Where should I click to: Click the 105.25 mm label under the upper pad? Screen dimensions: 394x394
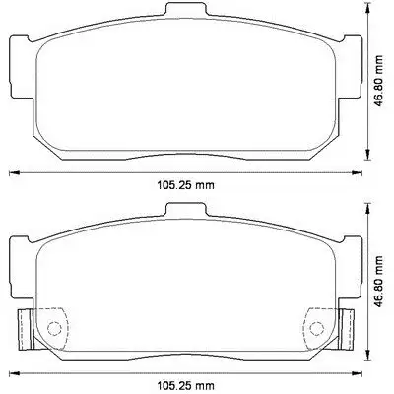tap(186, 185)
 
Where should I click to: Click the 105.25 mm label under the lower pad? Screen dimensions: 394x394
tap(186, 384)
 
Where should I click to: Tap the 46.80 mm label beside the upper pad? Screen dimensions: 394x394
tap(379, 81)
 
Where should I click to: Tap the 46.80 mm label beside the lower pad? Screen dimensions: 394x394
tap(379, 282)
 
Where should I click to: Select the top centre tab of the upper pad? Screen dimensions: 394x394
tap(186, 9)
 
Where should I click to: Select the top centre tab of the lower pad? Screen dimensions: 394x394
tap(186, 210)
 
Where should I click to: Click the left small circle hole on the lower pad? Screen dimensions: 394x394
tap(54, 327)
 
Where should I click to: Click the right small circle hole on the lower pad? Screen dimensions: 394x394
tap(317, 327)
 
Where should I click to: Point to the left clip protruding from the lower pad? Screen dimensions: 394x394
tap(26, 329)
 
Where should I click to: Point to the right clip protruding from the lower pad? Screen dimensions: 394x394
tap(347, 329)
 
